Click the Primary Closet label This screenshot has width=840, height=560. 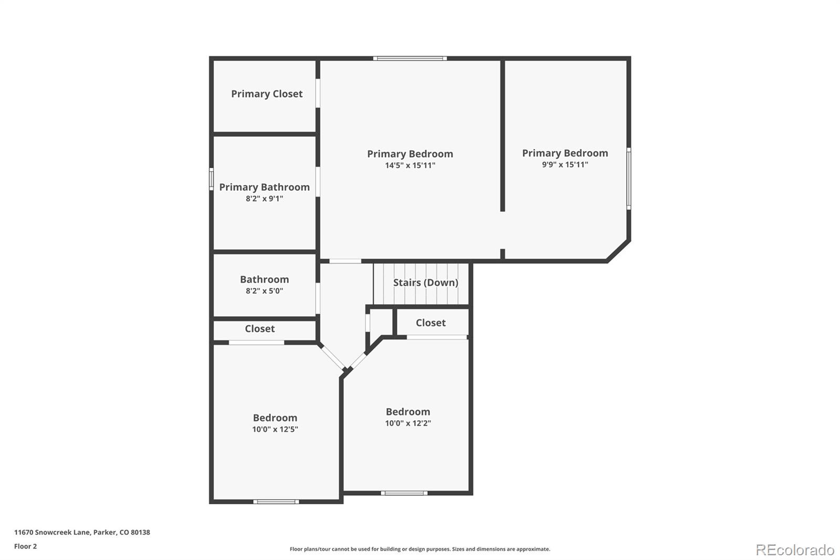pyautogui.click(x=267, y=94)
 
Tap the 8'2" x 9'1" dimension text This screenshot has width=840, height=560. pyautogui.click(x=264, y=199)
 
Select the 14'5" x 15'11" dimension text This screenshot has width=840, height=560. pyautogui.click(x=410, y=165)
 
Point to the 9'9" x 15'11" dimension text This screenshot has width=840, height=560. pyautogui.click(x=565, y=164)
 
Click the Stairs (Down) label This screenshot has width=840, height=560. pyautogui.click(x=425, y=283)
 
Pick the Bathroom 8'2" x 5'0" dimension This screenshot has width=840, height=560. pyautogui.click(x=264, y=291)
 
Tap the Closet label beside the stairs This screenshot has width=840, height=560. pyautogui.click(x=430, y=323)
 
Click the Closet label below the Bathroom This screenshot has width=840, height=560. pyautogui.click(x=259, y=329)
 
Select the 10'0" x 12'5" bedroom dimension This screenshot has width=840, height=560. pyautogui.click(x=275, y=429)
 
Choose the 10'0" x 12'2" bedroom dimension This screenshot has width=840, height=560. pyautogui.click(x=408, y=423)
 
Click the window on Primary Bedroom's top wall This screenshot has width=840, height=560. pyautogui.click(x=410, y=58)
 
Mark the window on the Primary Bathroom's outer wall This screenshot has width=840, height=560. pyautogui.click(x=211, y=179)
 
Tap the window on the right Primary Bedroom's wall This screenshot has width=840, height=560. pyautogui.click(x=628, y=179)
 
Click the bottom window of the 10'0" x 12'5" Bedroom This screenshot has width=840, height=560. pyautogui.click(x=276, y=502)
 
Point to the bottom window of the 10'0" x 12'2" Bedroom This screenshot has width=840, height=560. pyautogui.click(x=404, y=493)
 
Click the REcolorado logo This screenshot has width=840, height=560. pyautogui.click(x=795, y=550)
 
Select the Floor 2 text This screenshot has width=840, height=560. pyautogui.click(x=25, y=546)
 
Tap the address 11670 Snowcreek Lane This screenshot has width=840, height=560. pyautogui.click(x=82, y=532)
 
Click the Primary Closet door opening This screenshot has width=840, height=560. pyautogui.click(x=318, y=94)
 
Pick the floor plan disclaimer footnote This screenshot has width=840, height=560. pyautogui.click(x=420, y=549)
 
